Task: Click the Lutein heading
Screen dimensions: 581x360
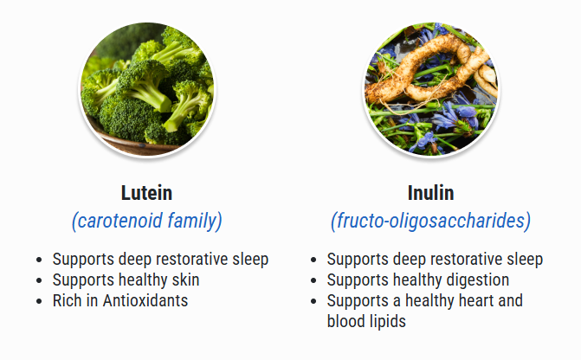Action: coord(146,193)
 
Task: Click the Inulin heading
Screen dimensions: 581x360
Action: coord(430,193)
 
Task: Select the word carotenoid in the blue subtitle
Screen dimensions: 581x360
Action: coord(120,221)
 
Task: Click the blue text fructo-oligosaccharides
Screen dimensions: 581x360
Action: coord(431,222)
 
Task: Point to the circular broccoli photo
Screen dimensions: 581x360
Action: coord(147,89)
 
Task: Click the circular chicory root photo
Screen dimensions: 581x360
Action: coord(431,89)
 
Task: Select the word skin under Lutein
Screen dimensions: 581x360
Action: coord(185,280)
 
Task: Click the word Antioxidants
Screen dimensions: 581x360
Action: coord(145,300)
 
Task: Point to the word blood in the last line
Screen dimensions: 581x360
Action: coord(347,321)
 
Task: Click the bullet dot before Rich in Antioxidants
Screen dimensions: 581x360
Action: coord(39,301)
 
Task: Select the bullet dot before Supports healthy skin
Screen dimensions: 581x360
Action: coord(39,280)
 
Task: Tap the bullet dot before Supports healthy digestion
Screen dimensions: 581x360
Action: coord(313,280)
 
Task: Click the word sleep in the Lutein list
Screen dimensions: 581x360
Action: coord(250,260)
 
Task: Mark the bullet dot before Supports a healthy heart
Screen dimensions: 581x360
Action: coord(313,301)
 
